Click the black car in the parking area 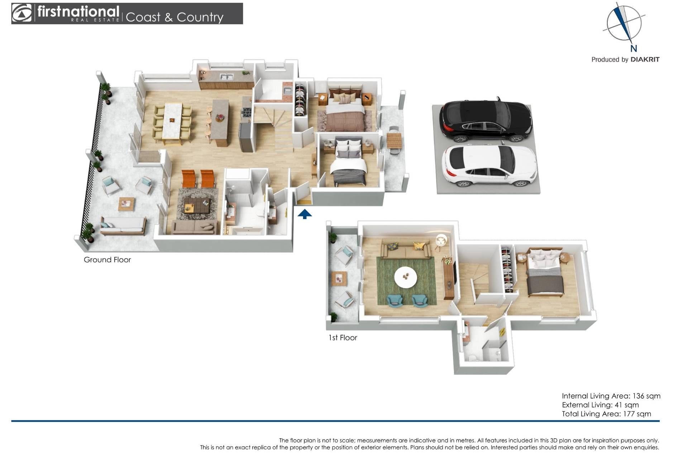pyautogui.click(x=486, y=120)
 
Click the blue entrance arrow pyautogui.click(x=305, y=214)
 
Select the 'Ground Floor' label pyautogui.click(x=107, y=260)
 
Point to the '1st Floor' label pyautogui.click(x=343, y=337)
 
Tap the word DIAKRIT pyautogui.click(x=645, y=59)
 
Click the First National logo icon pyautogui.click(x=22, y=13)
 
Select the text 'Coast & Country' pyautogui.click(x=175, y=17)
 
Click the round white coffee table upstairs pyautogui.click(x=406, y=277)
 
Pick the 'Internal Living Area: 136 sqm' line pyautogui.click(x=611, y=396)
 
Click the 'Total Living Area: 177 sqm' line pyautogui.click(x=606, y=414)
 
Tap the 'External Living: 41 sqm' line pyautogui.click(x=600, y=405)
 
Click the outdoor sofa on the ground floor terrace pyautogui.click(x=123, y=226)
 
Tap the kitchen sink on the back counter pyautogui.click(x=226, y=76)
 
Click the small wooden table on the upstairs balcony pyautogui.click(x=339, y=278)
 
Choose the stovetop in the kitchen pyautogui.click(x=247, y=112)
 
